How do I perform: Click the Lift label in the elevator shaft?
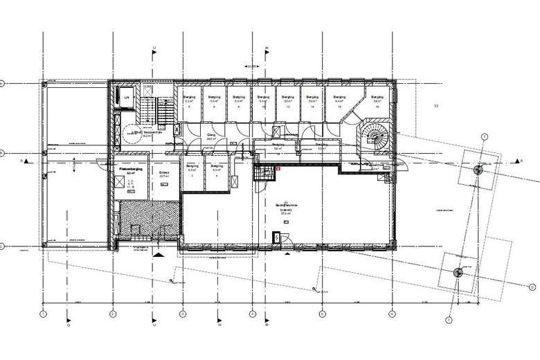click(127, 98)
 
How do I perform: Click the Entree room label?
click(164, 174)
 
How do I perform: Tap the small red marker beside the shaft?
click(278, 168)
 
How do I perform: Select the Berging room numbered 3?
click(192, 172)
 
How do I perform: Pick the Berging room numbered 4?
click(217, 172)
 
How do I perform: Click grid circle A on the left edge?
click(3, 84)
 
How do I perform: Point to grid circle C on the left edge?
click(3, 246)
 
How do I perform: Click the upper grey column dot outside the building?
click(478, 170)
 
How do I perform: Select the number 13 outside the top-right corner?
click(436, 106)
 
